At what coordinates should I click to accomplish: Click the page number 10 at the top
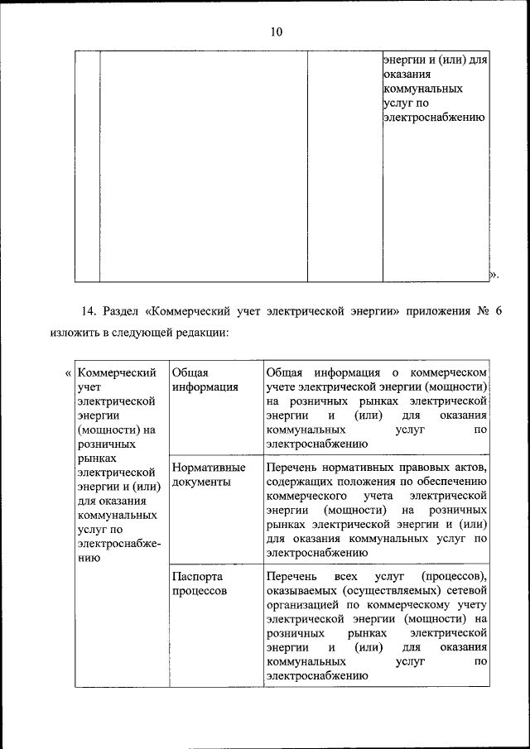276,32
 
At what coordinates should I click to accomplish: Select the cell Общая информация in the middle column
194,379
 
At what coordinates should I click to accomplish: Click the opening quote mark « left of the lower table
68,372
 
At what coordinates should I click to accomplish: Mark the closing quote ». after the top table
494,273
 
